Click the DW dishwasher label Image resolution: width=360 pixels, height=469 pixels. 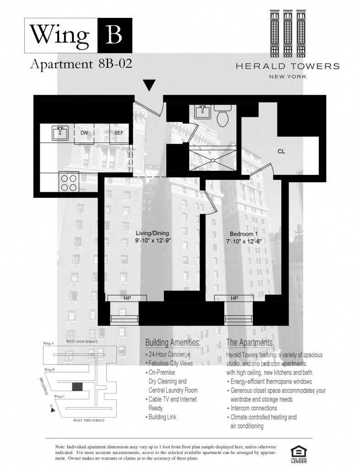pyautogui.click(x=84, y=132)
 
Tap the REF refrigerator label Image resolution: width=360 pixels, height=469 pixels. pyautogui.click(x=119, y=132)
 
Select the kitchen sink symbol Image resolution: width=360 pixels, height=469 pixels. pyautogui.click(x=60, y=133)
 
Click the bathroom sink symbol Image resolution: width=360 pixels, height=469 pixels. pyautogui.click(x=203, y=112)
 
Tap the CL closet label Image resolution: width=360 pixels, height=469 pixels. pyautogui.click(x=281, y=151)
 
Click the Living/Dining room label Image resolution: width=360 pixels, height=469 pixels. pyautogui.click(x=153, y=233)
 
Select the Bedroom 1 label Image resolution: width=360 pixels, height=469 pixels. pyautogui.click(x=244, y=234)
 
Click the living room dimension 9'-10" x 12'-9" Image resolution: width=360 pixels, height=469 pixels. pyautogui.click(x=153, y=240)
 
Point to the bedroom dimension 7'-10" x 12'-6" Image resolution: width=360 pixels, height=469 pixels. pyautogui.click(x=244, y=241)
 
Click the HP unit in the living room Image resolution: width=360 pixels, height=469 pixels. pyautogui.click(x=127, y=298)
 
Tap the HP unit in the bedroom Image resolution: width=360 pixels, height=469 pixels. pyautogui.click(x=234, y=298)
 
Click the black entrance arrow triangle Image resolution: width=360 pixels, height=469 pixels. pyautogui.click(x=149, y=85)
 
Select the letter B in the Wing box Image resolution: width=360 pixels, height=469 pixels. pyautogui.click(x=114, y=35)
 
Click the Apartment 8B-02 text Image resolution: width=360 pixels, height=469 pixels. pyautogui.click(x=81, y=64)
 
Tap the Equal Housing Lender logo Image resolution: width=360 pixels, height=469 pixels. pyautogui.click(x=299, y=454)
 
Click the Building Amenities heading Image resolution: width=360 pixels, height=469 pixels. pyautogui.click(x=173, y=343)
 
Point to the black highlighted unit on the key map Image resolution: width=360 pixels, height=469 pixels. pyautogui.click(x=77, y=387)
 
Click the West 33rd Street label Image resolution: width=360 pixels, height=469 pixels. pyautogui.click(x=89, y=420)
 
